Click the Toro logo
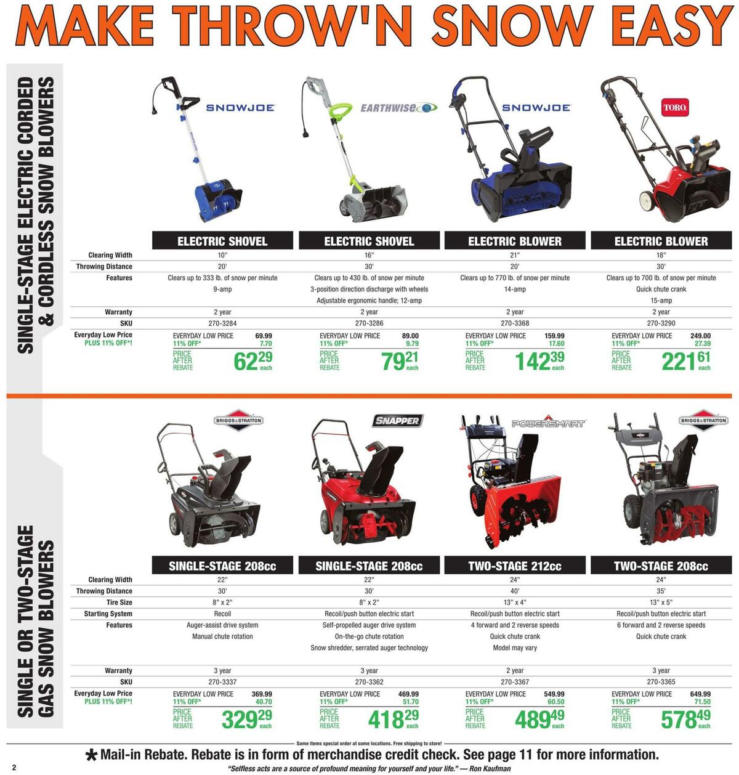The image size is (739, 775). tap(674, 108)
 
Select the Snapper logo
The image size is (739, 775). tap(397, 421)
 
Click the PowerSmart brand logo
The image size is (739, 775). tap(548, 424)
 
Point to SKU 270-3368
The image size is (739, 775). tap(515, 323)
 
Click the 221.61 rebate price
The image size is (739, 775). tap(685, 361)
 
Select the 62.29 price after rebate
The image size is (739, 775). tap(252, 361)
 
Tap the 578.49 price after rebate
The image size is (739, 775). tap(685, 719)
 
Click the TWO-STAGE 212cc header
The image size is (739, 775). tap(515, 566)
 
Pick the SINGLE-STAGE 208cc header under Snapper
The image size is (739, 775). tap(369, 566)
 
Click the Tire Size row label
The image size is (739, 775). tap(119, 603)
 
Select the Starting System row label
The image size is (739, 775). tap(108, 614)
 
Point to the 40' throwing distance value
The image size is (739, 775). tap(515, 591)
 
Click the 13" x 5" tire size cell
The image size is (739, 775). tap(661, 603)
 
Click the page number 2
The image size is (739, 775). tap(13, 767)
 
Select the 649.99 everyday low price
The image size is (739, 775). tap(700, 694)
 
